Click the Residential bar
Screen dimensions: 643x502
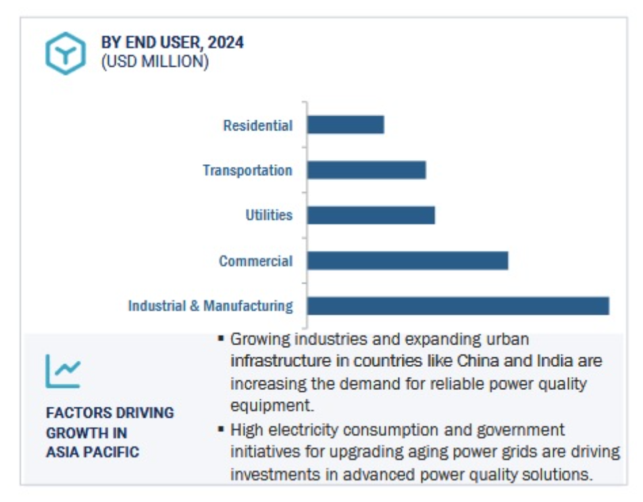(x=346, y=125)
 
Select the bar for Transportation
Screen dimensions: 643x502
(x=367, y=170)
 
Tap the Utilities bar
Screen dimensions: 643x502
(x=371, y=216)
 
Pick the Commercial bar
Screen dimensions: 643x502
(x=408, y=260)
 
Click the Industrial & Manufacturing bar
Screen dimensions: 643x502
(x=459, y=306)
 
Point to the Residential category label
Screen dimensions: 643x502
(x=258, y=126)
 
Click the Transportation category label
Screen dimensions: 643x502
(x=248, y=170)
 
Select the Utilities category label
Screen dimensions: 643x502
(x=269, y=215)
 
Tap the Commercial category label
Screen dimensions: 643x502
(x=256, y=261)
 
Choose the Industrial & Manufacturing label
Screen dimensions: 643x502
(x=211, y=306)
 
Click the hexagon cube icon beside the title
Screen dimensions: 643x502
(x=66, y=53)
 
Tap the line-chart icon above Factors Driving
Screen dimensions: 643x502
(x=63, y=371)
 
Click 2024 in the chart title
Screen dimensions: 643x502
(x=226, y=43)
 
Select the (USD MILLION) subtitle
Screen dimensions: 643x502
(x=155, y=61)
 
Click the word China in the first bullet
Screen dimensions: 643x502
(x=478, y=361)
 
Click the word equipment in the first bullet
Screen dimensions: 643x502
(x=272, y=406)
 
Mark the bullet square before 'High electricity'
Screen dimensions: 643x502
(x=221, y=430)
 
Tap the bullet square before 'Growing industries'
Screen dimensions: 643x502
(x=221, y=338)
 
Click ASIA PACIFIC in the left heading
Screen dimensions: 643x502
(x=93, y=452)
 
